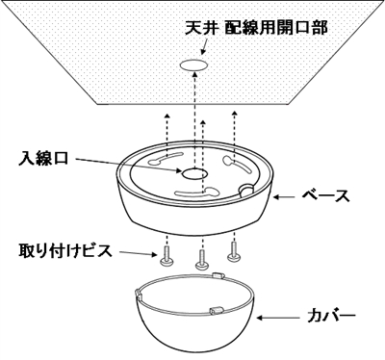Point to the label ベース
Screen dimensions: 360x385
[324, 195]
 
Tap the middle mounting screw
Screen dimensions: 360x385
[201, 258]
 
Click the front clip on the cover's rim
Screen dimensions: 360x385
[214, 310]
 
